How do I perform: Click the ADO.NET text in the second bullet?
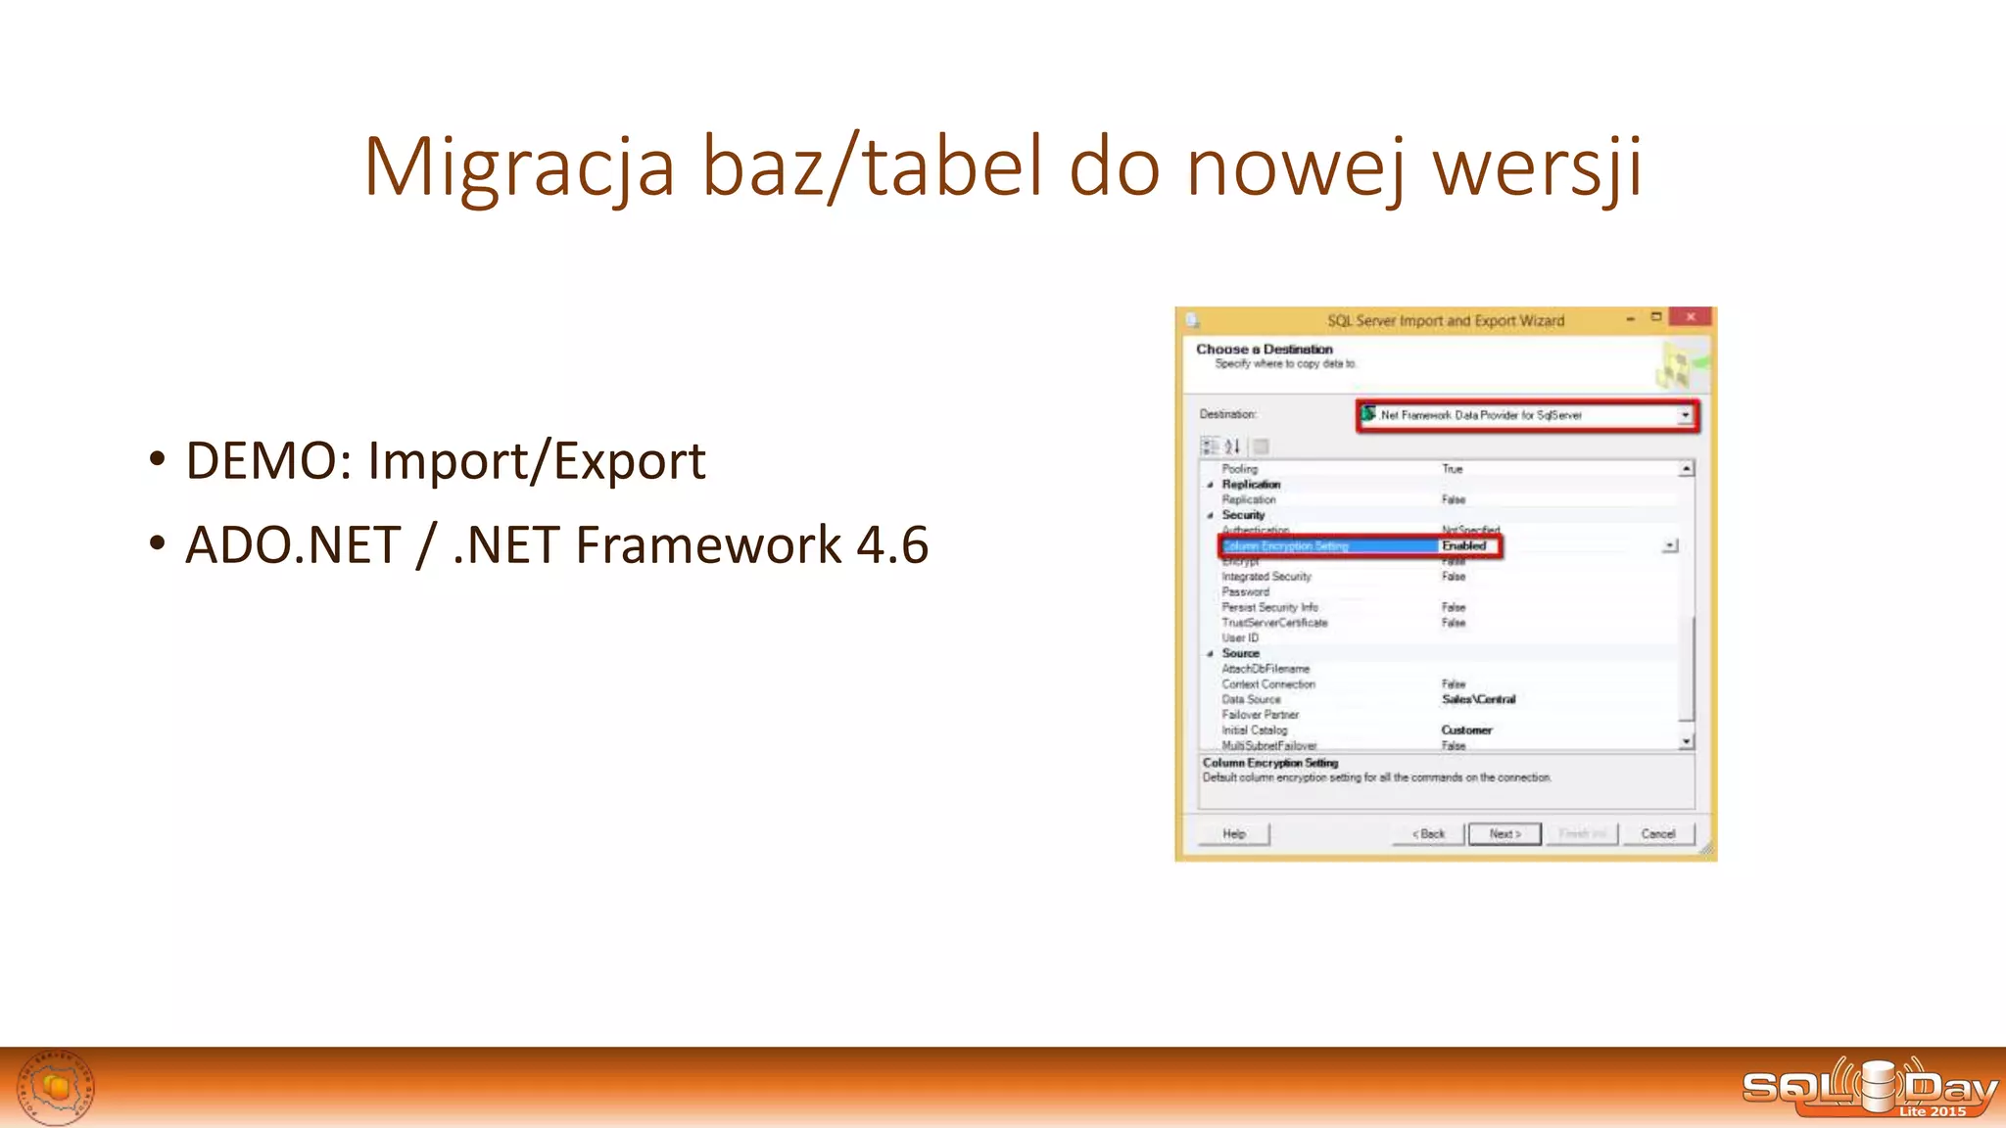[x=293, y=545]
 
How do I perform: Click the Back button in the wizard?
[x=1428, y=834]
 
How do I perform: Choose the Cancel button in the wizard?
[x=1657, y=834]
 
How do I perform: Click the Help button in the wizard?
[x=1233, y=834]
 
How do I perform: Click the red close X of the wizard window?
[x=1690, y=317]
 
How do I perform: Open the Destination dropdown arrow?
[x=1685, y=415]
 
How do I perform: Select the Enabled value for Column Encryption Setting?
[x=1464, y=546]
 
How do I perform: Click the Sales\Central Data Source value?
[x=1478, y=699]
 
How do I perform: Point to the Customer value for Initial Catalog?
[x=1466, y=730]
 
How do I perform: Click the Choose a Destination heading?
[x=1264, y=350]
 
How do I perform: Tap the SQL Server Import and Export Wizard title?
[x=1446, y=321]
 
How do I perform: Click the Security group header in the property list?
[x=1243, y=515]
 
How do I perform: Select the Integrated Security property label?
[x=1266, y=577]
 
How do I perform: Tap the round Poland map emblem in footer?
[x=56, y=1088]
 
